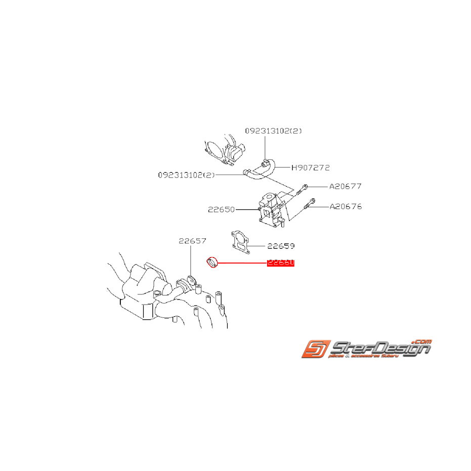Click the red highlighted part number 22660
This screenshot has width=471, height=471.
(x=280, y=263)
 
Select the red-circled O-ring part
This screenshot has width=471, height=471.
(x=212, y=263)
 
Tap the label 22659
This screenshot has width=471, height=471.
(x=281, y=246)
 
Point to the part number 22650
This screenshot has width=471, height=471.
(x=222, y=209)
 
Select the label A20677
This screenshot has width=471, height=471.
(x=346, y=186)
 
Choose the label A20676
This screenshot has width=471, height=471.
(x=346, y=206)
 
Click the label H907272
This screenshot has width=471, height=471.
(x=310, y=167)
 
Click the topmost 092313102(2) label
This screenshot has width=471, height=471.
(x=274, y=131)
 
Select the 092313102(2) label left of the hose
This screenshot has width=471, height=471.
(x=187, y=175)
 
